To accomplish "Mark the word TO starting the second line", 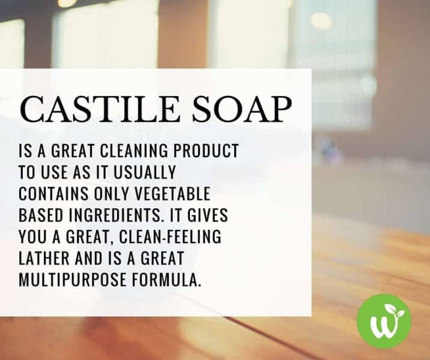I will point(28,172).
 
